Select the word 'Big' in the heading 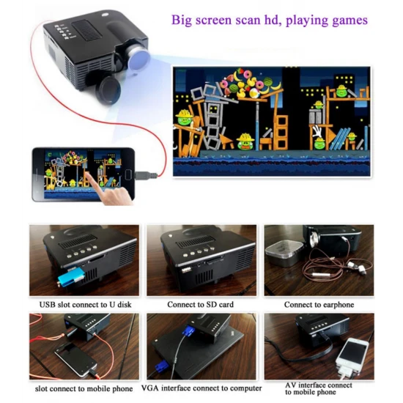tap(182, 19)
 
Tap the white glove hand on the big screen tap(317, 133)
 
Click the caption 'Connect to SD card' tap(200, 304)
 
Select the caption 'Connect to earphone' tap(319, 304)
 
